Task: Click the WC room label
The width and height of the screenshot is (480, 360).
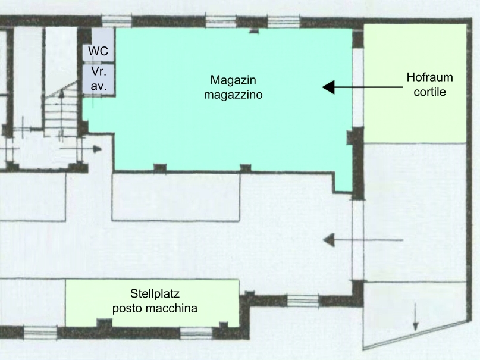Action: [x=98, y=51]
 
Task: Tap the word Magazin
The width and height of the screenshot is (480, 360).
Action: [x=233, y=80]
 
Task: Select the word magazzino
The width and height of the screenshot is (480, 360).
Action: [x=233, y=95]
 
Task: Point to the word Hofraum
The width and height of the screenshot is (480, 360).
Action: [x=430, y=77]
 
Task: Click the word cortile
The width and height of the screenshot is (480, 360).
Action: [x=430, y=92]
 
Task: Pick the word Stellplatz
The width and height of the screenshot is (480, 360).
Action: [x=155, y=293]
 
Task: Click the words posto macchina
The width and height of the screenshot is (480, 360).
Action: [x=155, y=308]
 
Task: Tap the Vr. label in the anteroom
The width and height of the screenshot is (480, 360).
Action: [x=99, y=71]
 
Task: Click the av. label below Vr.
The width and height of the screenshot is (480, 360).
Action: [x=99, y=86]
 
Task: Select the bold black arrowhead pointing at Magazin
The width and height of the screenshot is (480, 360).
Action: [x=328, y=87]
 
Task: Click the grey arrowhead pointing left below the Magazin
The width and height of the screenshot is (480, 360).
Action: [x=329, y=240]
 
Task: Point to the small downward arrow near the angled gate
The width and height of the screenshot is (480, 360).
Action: [x=415, y=317]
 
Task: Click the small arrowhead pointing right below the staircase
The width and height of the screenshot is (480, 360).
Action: [x=98, y=149]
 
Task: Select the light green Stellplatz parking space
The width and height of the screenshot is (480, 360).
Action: [x=152, y=303]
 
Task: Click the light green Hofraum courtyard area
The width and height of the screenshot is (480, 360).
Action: [x=415, y=83]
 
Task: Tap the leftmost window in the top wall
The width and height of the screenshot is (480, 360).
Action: [x=117, y=21]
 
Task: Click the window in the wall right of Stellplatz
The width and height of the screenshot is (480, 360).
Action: [x=302, y=300]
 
